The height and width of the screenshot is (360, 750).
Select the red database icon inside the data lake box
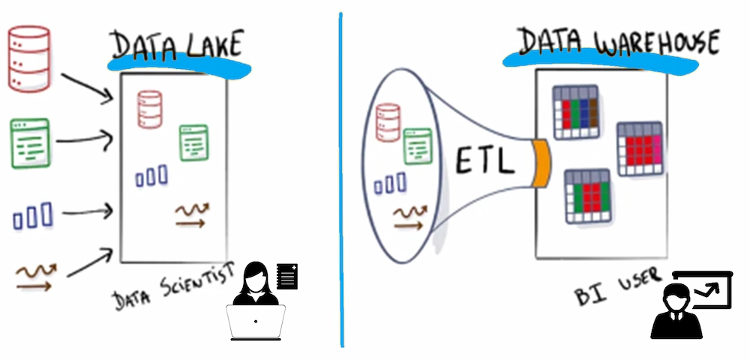click(149, 109)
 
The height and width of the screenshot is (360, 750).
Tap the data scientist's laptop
click(255, 320)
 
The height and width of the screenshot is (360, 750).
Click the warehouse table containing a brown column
click(575, 112)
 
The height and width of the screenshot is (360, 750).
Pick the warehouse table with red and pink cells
click(640, 148)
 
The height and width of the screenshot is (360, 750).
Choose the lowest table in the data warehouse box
click(588, 195)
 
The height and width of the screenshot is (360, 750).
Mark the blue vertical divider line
click(341, 180)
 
